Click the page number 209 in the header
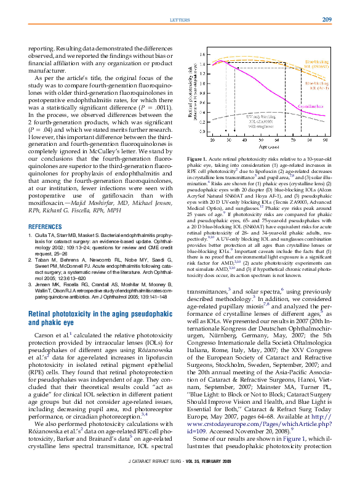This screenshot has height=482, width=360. [x=327, y=20]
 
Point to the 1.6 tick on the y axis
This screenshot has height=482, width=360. [x=202, y=54]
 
